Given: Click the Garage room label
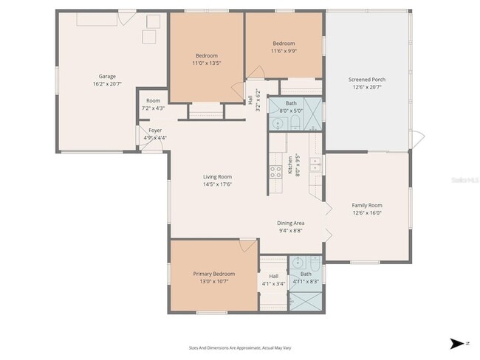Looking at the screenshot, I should pyautogui.click(x=107, y=76).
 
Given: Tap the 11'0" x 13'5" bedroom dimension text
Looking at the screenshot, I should pyautogui.click(x=207, y=63).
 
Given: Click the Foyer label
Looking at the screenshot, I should pyautogui.click(x=154, y=131).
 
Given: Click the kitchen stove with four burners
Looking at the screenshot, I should pyautogui.click(x=275, y=172).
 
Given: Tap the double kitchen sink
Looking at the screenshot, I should pyautogui.click(x=315, y=165).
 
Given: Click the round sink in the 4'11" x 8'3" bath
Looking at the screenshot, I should pyautogui.click(x=297, y=262).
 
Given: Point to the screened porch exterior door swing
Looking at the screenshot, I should pyautogui.click(x=417, y=138).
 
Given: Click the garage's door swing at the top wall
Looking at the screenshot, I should pyautogui.click(x=127, y=15).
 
